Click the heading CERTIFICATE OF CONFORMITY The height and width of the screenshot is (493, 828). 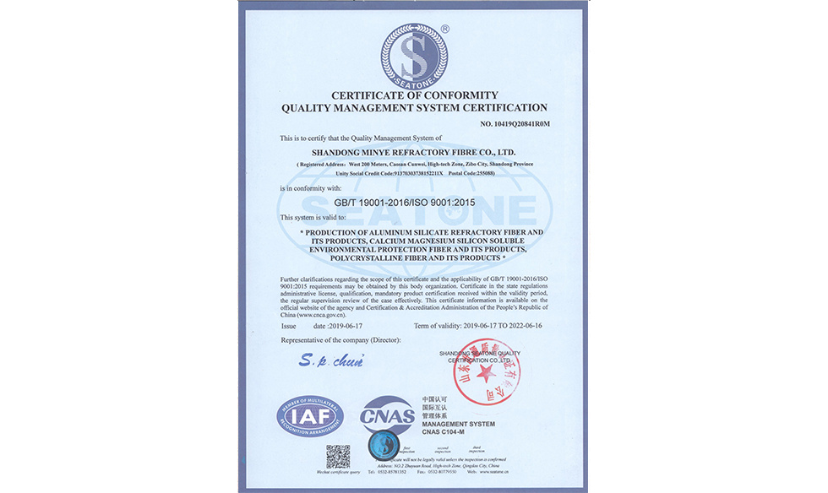(x=414, y=95)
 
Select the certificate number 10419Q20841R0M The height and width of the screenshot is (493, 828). (x=515, y=124)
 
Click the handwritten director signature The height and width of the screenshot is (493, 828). (x=330, y=362)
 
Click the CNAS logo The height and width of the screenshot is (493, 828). (x=387, y=415)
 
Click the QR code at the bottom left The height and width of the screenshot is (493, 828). (x=338, y=457)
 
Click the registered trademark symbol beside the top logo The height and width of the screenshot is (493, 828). (x=445, y=29)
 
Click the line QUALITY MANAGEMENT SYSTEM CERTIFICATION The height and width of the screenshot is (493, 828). (x=414, y=108)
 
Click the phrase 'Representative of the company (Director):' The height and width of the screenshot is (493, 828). (x=340, y=339)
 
